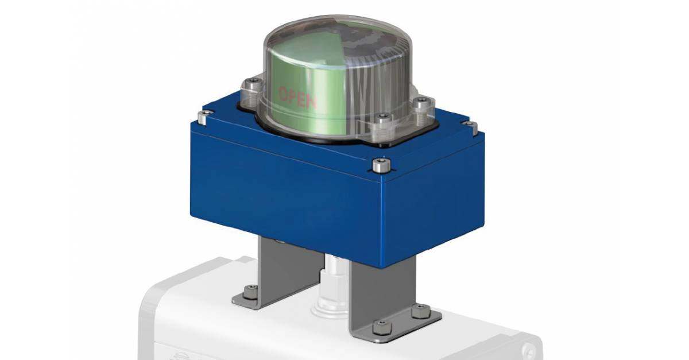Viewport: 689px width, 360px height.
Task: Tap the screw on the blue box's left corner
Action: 201,118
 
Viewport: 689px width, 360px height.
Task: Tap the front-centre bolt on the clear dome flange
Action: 382,119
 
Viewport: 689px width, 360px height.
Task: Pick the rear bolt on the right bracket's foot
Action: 416,312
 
